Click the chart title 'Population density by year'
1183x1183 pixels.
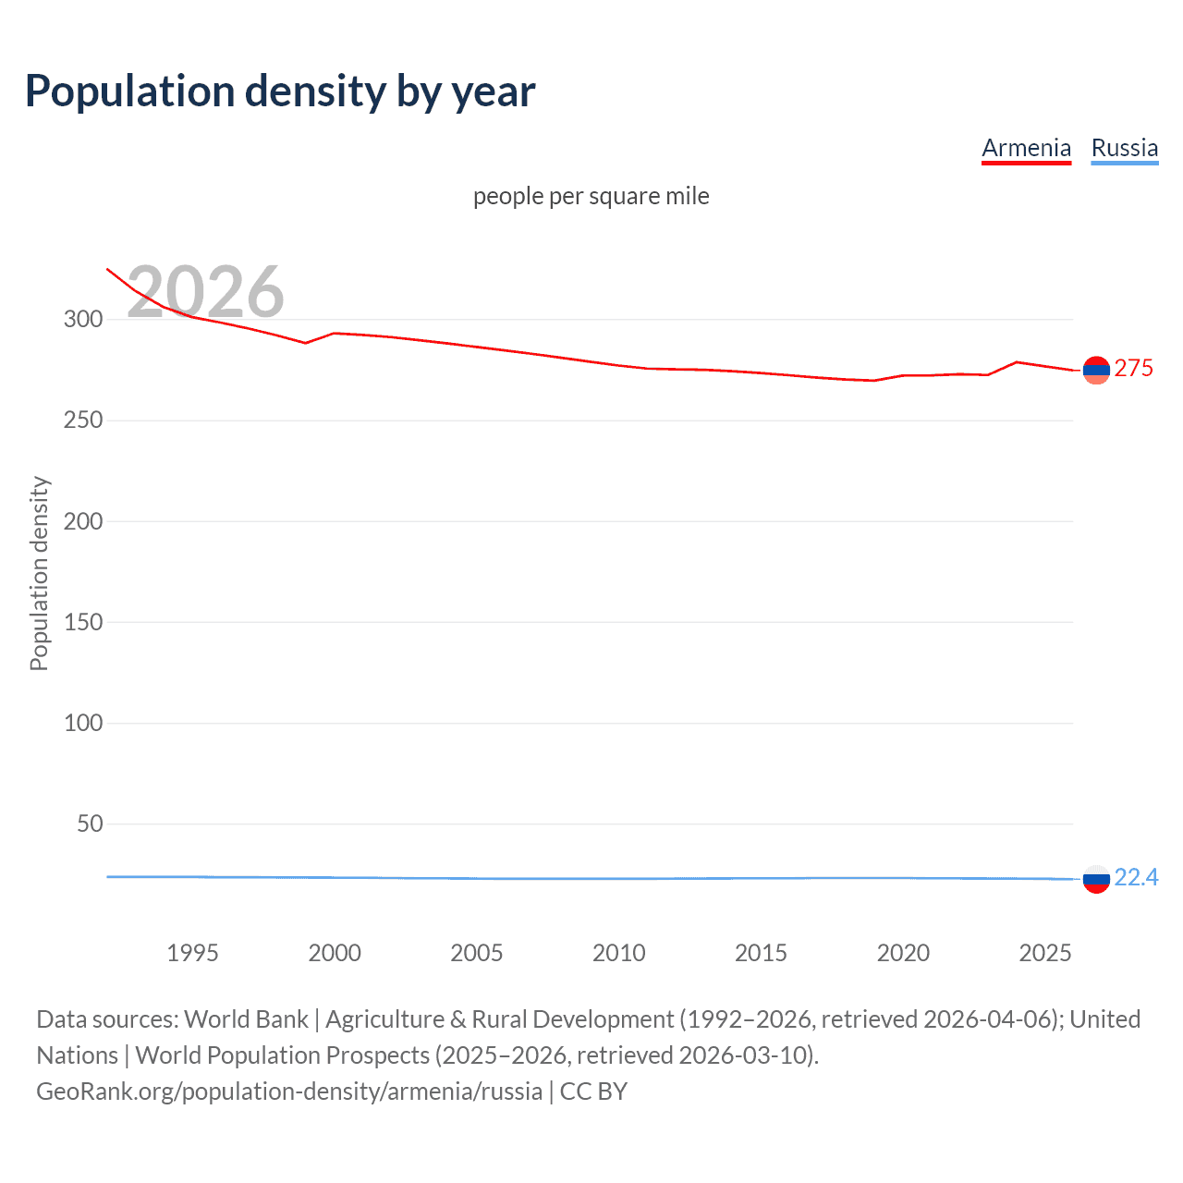pos(280,91)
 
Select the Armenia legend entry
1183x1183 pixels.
pos(1026,148)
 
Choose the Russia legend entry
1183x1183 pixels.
pos(1124,148)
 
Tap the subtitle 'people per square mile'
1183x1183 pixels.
pos(591,196)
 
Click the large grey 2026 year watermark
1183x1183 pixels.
pos(205,291)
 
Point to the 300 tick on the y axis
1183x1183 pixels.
pos(83,319)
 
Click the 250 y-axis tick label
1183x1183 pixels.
pos(83,420)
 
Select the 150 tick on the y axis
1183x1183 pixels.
pos(83,622)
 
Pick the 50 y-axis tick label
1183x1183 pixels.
pos(90,823)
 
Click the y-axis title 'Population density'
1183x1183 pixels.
pos(39,573)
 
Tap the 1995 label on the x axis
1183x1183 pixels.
pos(192,953)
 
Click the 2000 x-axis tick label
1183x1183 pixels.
pos(335,953)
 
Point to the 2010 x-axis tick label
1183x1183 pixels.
pos(618,953)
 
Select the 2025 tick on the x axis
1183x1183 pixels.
pos(1044,953)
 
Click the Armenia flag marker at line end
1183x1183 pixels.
pos(1096,370)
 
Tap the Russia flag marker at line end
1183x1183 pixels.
pos(1096,879)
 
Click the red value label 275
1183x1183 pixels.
pos(1133,368)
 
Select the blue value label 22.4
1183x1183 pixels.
pos(1136,877)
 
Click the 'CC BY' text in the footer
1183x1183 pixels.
pos(593,1092)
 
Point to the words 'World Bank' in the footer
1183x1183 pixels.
pos(246,1019)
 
